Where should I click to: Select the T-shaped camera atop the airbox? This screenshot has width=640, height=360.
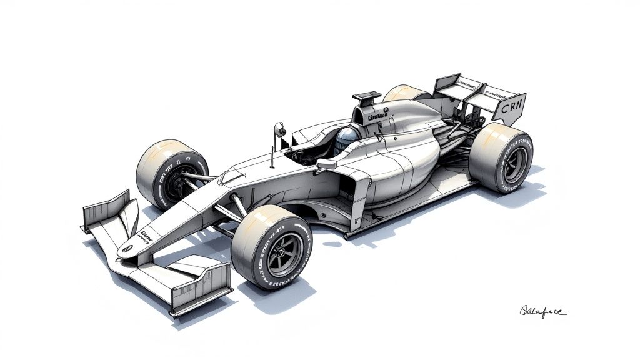coord(367,97)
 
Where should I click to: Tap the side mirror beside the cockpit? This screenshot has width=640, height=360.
coord(326,164)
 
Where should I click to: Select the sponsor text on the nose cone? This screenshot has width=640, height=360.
coord(147,236)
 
